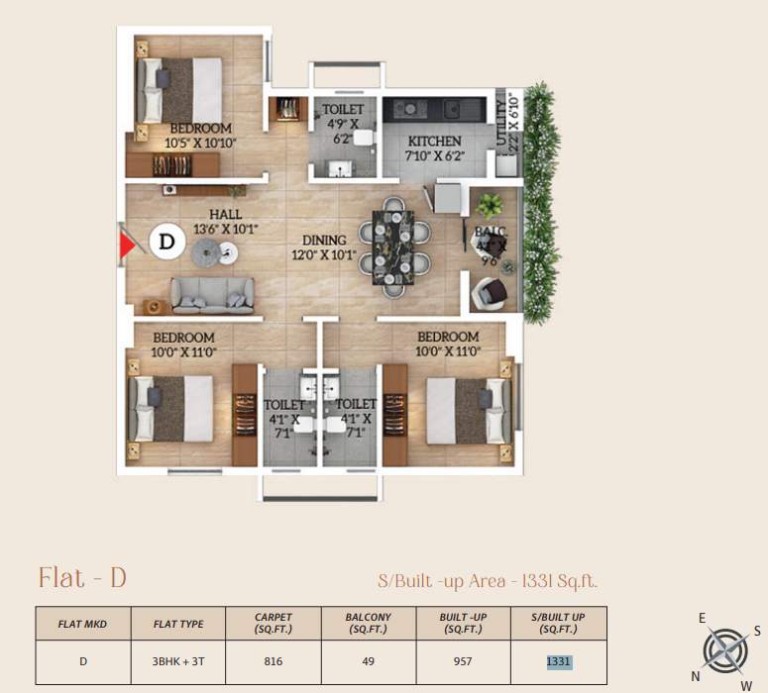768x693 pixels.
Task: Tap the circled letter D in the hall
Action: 166,241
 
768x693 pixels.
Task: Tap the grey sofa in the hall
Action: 212,294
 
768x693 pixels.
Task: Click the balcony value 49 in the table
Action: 368,662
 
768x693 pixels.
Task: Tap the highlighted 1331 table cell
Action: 558,662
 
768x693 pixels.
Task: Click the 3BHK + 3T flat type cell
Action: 178,662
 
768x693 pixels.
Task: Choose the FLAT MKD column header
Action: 84,624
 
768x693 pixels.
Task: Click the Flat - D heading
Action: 82,578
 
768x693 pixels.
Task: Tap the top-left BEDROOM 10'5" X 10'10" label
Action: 200,136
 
